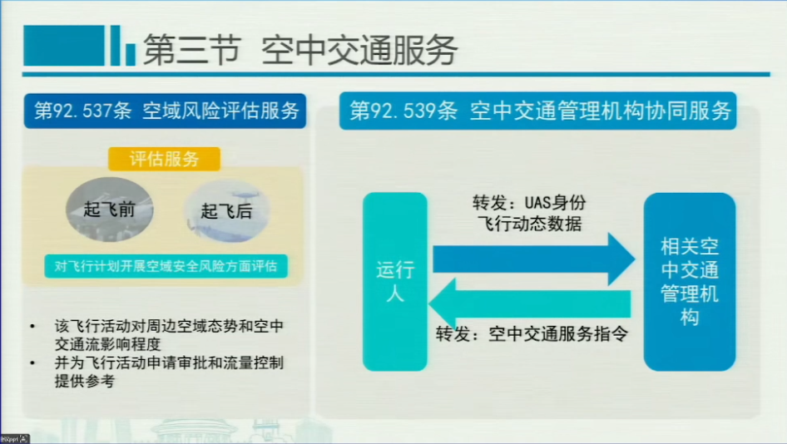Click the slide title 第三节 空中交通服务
tap(300, 50)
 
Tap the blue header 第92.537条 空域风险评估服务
tap(165, 111)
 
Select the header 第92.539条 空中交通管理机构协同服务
tap(537, 111)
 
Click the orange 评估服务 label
tap(164, 159)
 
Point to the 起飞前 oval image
tap(110, 210)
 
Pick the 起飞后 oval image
tap(227, 210)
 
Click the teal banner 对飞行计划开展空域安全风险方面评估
tap(166, 266)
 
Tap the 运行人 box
tap(395, 282)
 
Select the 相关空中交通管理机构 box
tap(690, 282)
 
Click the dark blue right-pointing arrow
tap(534, 259)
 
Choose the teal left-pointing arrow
tap(529, 304)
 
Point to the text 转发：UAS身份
tap(529, 203)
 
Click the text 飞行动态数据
tap(529, 224)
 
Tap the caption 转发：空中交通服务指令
tap(532, 333)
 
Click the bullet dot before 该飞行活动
tap(32, 327)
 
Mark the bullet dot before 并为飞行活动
tap(32, 363)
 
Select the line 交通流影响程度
tap(107, 344)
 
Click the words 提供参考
tap(84, 381)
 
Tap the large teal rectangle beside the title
tap(64, 45)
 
